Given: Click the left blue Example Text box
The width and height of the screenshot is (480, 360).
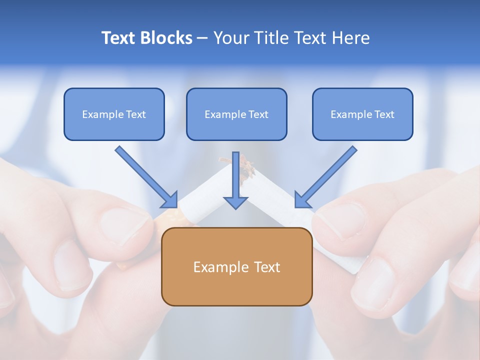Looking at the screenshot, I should pos(114,114).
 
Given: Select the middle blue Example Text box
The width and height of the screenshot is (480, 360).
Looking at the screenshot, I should pos(236,114).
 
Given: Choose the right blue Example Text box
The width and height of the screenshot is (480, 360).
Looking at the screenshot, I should pos(362,114).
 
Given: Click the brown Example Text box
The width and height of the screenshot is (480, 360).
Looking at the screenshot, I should pos(236,266).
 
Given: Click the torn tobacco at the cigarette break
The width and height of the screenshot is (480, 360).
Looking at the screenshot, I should pos(245,167).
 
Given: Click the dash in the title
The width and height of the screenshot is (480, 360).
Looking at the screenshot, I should pos(203,38).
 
